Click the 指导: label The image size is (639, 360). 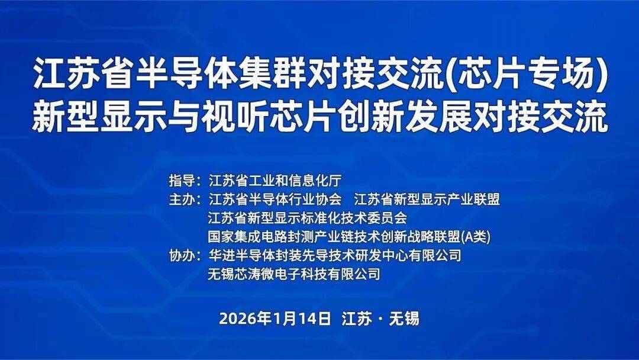coord(185,180)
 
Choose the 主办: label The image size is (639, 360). coord(185,200)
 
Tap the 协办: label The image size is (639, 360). coord(185,256)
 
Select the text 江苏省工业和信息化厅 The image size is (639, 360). coord(275,180)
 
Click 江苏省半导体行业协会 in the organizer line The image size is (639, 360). coord(275,200)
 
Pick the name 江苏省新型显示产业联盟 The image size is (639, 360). coord(427,200)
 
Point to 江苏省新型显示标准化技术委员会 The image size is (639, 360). coord(308,218)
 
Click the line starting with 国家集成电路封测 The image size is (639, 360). coord(349,236)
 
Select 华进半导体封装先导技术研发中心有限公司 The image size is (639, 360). coord(334,256)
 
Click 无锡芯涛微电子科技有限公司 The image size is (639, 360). coord(294,274)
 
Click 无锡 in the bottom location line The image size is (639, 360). coord(404,319)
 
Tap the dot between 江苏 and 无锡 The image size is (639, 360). coord(380,319)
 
